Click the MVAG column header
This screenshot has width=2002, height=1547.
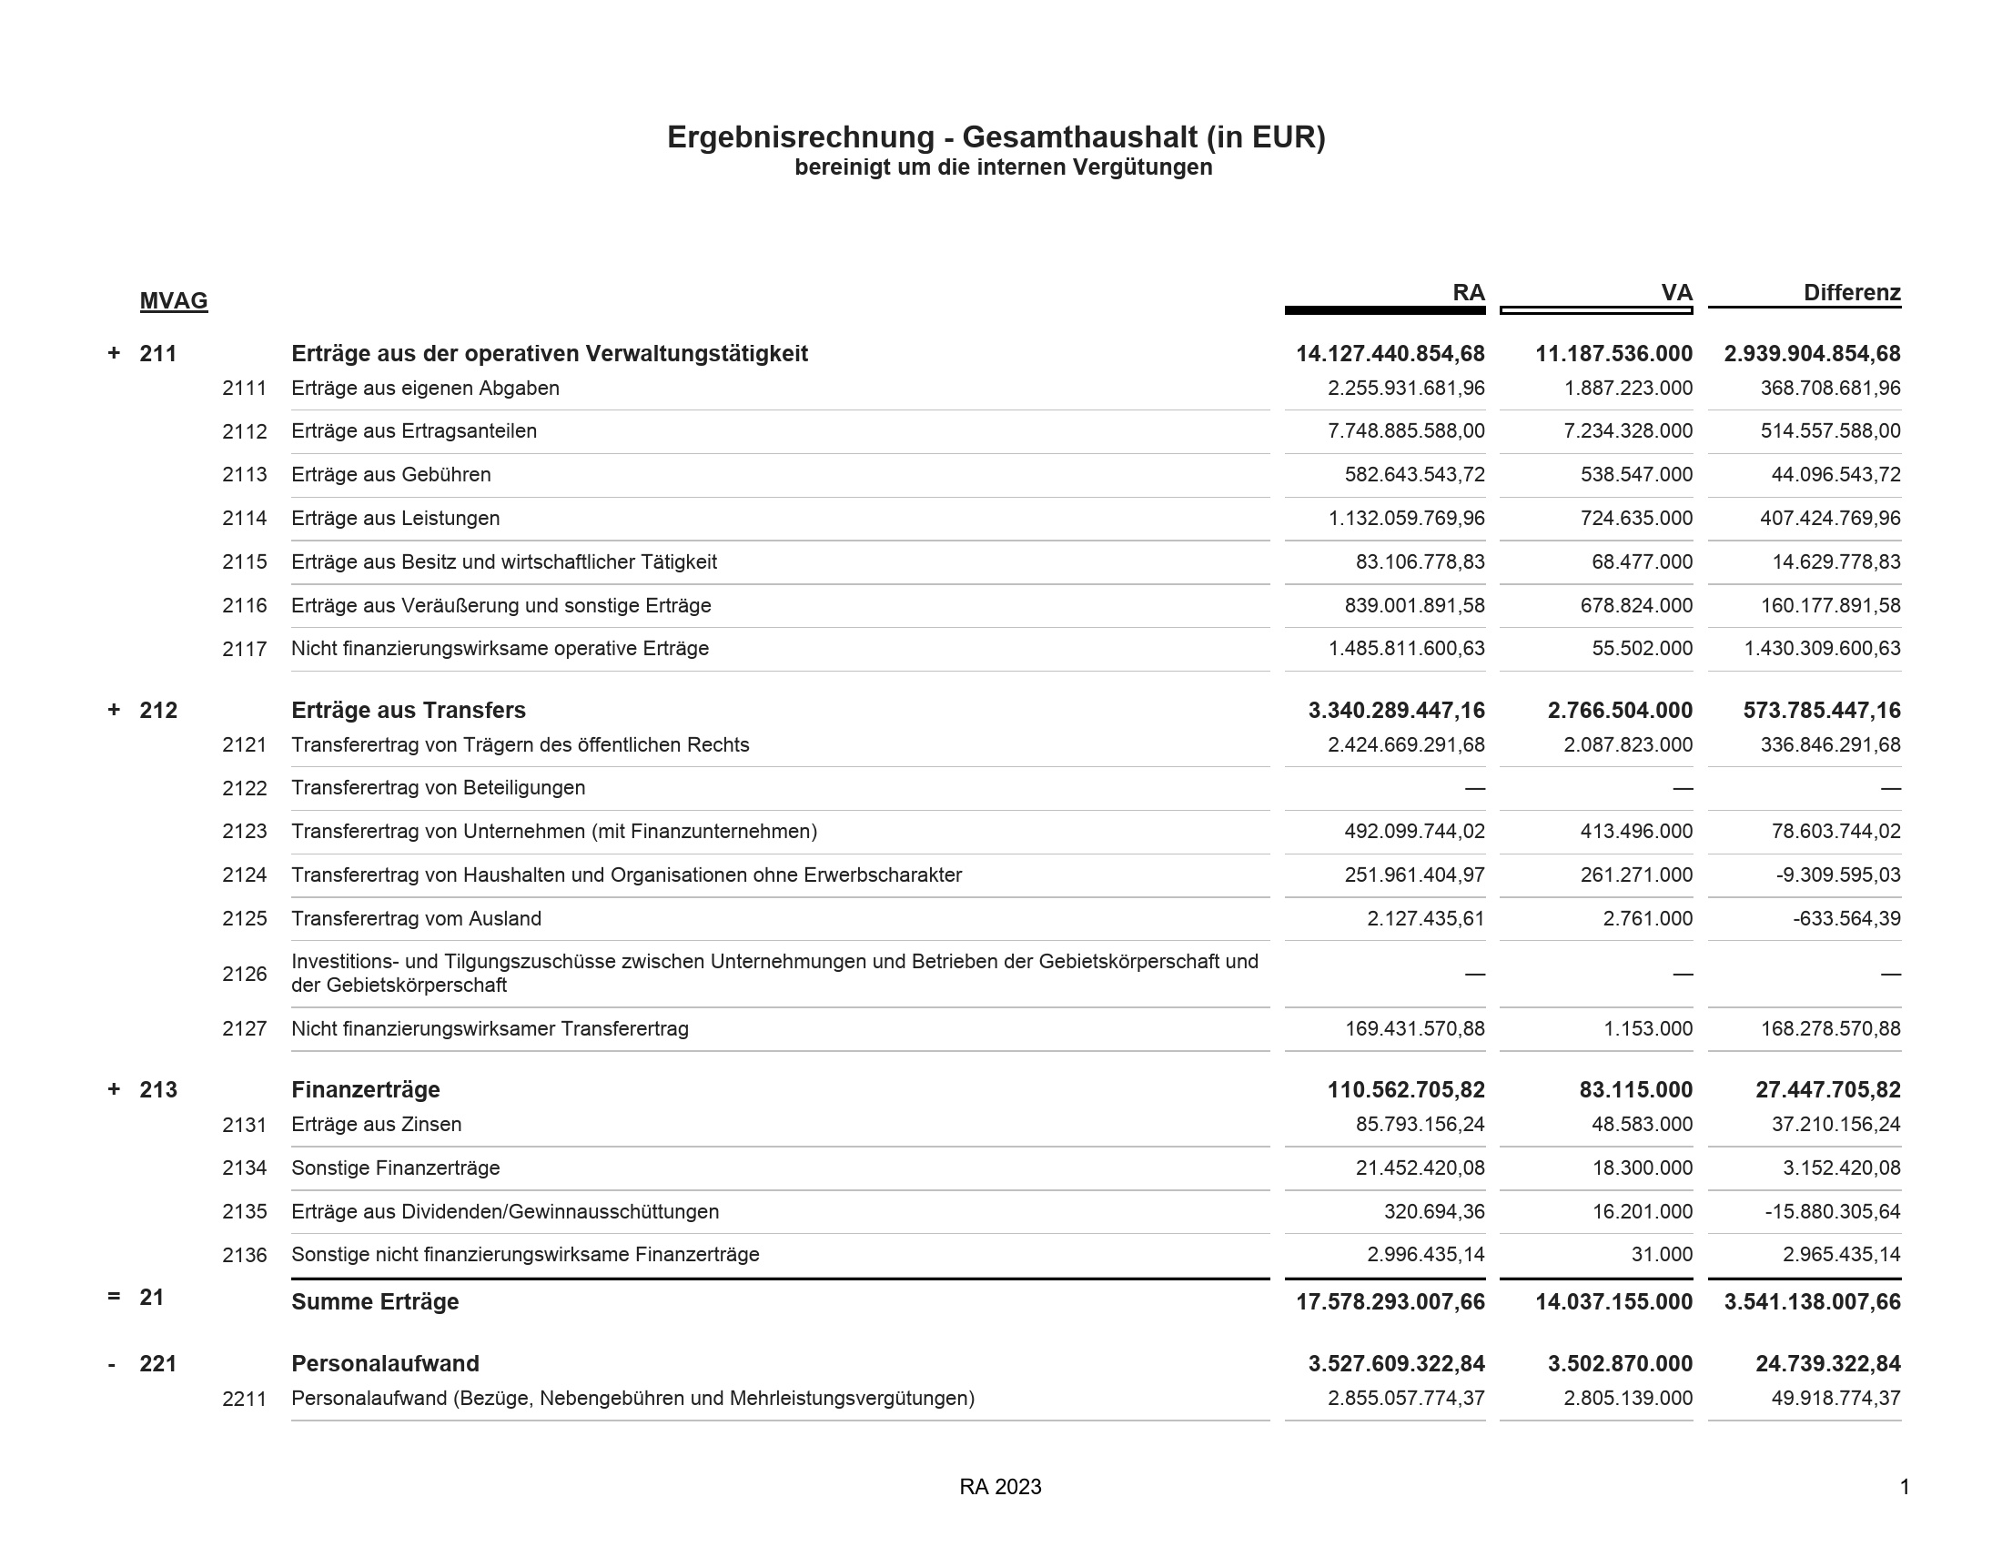tap(173, 300)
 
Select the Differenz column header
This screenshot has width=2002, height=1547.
tap(1852, 293)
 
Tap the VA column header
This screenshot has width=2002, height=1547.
tap(1676, 293)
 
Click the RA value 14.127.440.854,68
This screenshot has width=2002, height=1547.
tap(1390, 354)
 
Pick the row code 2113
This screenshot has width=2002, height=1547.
tap(244, 475)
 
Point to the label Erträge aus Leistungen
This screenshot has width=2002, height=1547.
tap(395, 519)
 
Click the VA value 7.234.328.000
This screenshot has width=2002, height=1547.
tap(1627, 430)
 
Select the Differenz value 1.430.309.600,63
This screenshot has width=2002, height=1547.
tap(1822, 649)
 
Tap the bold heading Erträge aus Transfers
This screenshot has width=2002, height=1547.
tap(408, 711)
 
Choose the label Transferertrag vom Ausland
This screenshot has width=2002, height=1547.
tap(416, 918)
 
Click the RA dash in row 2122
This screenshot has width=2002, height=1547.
tap(1474, 788)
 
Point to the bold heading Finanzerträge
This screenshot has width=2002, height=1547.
tap(365, 1089)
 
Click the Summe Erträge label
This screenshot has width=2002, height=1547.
tap(375, 1301)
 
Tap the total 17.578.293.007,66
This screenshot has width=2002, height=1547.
tap(1390, 1302)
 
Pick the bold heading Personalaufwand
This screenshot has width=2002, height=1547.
tap(385, 1364)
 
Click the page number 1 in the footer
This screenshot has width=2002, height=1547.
tap(1904, 1487)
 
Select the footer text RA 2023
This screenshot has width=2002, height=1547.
tap(1000, 1487)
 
